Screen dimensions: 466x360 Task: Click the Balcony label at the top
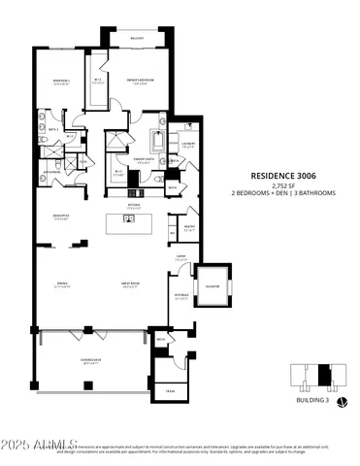[138, 39]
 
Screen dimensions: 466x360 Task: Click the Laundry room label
[188, 145]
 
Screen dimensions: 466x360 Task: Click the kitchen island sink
[127, 219]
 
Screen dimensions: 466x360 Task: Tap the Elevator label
[212, 286]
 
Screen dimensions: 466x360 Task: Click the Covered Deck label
[92, 360]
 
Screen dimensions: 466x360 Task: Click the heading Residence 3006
[282, 175]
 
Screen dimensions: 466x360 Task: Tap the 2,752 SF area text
[282, 184]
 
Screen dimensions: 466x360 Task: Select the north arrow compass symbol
[340, 402]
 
